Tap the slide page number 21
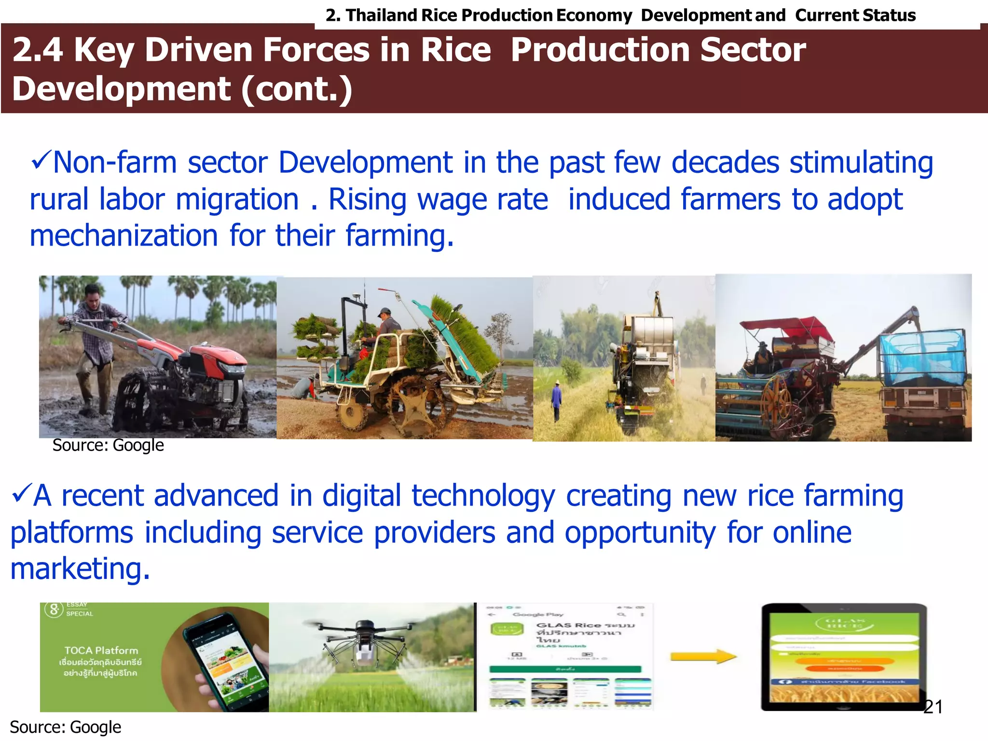933,707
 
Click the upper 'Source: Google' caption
108,445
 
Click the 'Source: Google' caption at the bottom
66,727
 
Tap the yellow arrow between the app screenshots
704,657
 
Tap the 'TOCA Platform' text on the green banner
101,650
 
